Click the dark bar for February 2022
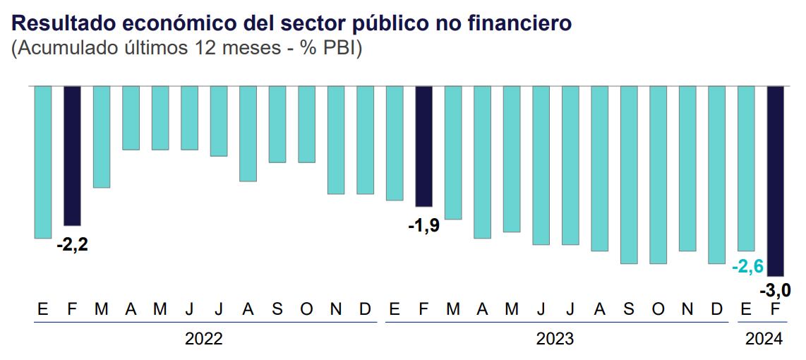pos(72,155)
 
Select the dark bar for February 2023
pos(423,146)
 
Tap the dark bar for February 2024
pos(776,181)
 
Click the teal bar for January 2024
pos(746,168)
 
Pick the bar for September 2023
pos(629,174)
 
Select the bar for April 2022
pos(131,118)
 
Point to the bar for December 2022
pos(365,140)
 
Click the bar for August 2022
pos(248,133)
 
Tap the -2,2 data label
pos(72,245)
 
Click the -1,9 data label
pos(423,227)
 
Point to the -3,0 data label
pos(774,289)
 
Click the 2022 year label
pos(204,339)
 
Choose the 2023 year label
pos(555,339)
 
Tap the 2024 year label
pos(764,339)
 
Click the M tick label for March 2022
pos(102,309)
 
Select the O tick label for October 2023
pos(658,309)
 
